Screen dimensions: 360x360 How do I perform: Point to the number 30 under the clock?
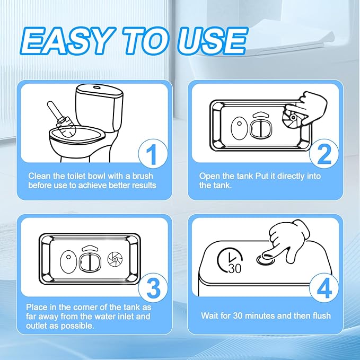click(235, 269)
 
